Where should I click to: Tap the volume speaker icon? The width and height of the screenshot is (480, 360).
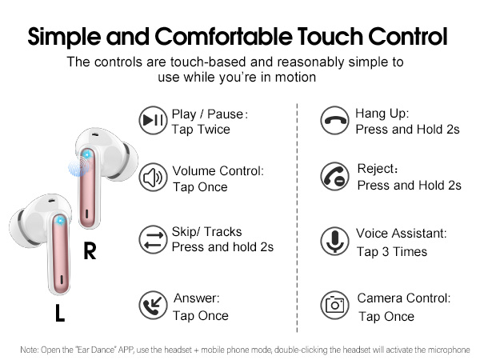pos(153,178)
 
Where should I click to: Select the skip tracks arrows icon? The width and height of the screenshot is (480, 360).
pos(152,238)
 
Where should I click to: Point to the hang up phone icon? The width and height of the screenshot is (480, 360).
pos(334,121)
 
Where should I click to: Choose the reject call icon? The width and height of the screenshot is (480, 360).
pos(334,177)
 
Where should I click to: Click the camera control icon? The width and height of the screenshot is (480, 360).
pos(334,306)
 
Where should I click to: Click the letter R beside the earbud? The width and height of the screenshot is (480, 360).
pos(90,252)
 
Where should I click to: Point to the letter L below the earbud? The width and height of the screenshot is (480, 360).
pos(59,314)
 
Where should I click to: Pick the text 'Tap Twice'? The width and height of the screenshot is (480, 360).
pos(201,130)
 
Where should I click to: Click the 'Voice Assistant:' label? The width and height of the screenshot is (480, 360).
pos(401,234)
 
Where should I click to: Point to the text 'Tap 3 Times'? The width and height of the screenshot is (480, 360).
pos(392,251)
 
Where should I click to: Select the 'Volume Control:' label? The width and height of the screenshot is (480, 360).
pos(218,170)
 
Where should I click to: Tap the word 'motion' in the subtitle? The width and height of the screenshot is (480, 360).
pos(302,78)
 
